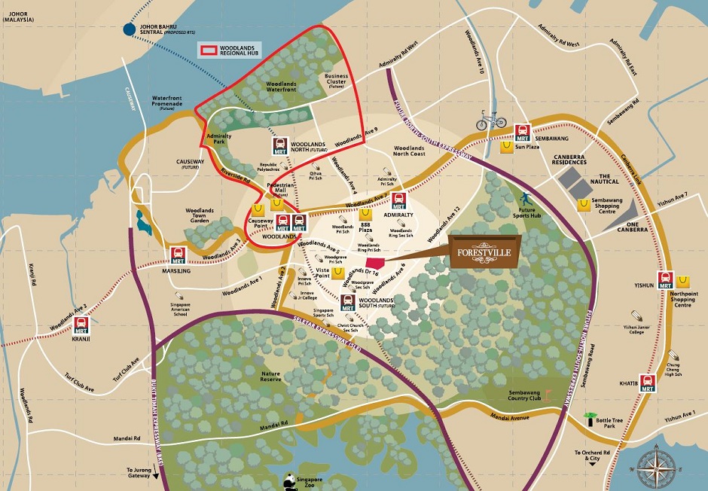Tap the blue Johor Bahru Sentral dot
[x=130, y=30]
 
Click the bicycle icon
[x=490, y=120]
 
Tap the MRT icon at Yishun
[x=665, y=280]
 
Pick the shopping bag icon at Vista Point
[x=338, y=272]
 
